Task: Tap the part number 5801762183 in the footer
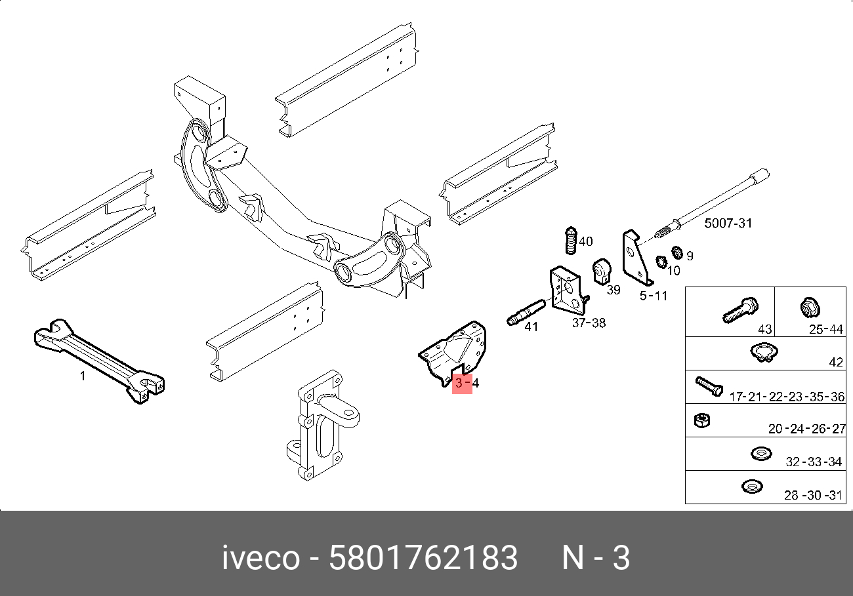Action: pos(423,559)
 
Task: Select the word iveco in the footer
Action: pos(262,559)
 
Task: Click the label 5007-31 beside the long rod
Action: pos(728,224)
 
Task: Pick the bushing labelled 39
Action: pos(601,271)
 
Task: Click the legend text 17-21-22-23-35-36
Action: pos(786,397)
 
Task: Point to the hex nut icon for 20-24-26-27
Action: pos(700,420)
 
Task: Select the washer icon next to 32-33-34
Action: pos(760,453)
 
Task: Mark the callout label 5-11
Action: pos(654,296)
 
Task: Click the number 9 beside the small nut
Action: pos(690,256)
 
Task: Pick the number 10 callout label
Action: pos(674,270)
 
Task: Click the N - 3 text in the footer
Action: pos(596,559)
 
